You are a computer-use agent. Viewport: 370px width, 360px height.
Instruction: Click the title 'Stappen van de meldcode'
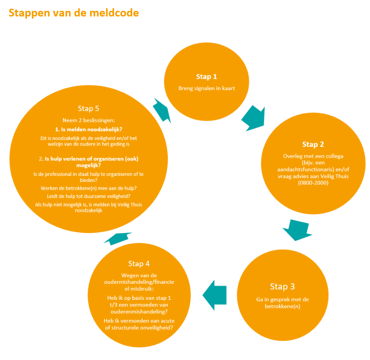74,13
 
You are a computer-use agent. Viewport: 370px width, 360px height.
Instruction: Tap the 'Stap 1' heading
206,77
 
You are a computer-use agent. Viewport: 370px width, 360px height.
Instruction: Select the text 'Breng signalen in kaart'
206,88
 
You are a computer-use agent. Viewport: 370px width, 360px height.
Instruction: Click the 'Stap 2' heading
313,144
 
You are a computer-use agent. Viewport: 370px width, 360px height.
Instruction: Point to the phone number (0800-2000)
313,183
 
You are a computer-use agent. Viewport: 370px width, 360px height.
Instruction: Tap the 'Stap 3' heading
282,286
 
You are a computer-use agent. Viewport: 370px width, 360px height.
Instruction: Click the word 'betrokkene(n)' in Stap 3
282,306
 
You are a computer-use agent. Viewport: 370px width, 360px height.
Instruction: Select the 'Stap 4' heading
139,264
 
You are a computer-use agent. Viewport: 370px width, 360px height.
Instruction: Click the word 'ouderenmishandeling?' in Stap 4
139,312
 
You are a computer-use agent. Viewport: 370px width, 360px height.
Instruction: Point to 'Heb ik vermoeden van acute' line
139,321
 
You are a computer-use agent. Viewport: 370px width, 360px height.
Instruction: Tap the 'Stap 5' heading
88,109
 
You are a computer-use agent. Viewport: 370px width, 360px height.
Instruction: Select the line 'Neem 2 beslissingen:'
88,120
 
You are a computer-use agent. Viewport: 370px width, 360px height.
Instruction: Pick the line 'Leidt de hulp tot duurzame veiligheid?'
88,196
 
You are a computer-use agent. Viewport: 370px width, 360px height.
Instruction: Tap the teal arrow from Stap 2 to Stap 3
297,230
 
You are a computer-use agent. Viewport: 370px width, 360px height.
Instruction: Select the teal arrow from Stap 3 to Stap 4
215,295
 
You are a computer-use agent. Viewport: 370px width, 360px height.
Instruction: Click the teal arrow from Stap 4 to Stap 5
118,238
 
